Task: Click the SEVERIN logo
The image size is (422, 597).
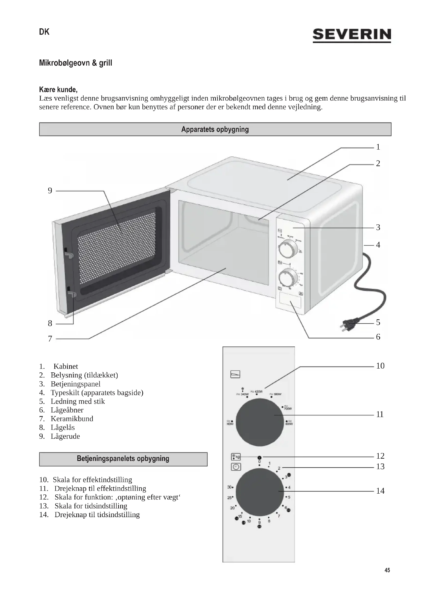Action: click(x=352, y=35)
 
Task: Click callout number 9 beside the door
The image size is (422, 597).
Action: click(x=50, y=191)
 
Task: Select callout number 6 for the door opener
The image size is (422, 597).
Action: click(x=378, y=337)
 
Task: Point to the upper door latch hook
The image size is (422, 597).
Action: click(x=69, y=254)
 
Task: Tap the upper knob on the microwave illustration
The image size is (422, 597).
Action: click(x=288, y=249)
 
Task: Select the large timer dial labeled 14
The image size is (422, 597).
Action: click(x=259, y=492)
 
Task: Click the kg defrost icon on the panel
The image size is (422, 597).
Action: click(x=236, y=457)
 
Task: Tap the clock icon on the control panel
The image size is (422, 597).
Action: click(x=236, y=467)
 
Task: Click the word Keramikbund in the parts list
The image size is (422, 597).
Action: click(x=72, y=419)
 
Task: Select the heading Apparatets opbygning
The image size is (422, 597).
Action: click(x=215, y=129)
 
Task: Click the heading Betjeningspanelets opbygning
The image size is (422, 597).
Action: click(x=123, y=458)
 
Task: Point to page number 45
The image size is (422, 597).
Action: click(x=387, y=570)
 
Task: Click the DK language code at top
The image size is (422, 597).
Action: click(x=44, y=32)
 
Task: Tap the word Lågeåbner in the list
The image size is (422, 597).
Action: click(x=67, y=410)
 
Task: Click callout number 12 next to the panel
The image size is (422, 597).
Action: click(x=380, y=456)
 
